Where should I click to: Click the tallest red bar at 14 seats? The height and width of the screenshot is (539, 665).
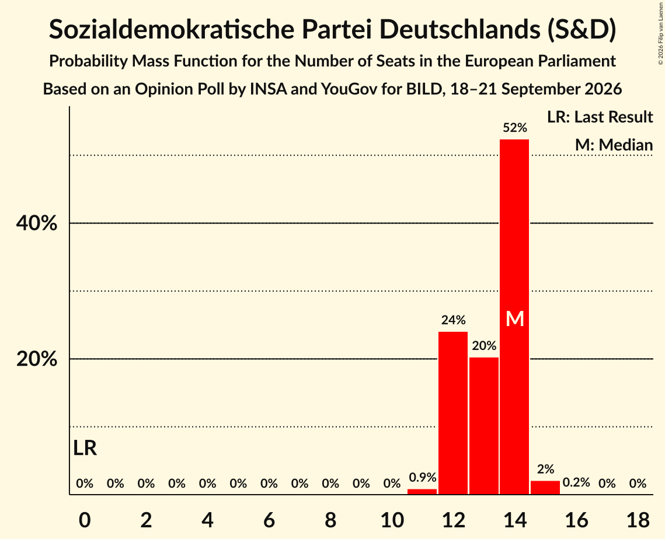(514, 317)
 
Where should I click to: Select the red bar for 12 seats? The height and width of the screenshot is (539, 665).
(453, 413)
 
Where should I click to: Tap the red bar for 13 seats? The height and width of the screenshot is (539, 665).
(484, 426)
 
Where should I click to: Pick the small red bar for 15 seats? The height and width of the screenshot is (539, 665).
(545, 488)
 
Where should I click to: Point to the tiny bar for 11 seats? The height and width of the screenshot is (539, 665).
(422, 492)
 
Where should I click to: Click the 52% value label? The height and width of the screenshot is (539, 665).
(515, 128)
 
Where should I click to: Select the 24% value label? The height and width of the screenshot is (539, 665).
(454, 320)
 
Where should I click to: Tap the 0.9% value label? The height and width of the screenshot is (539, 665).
(422, 478)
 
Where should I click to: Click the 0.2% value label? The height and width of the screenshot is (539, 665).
(576, 482)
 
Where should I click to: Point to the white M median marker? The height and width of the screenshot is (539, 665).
(515, 318)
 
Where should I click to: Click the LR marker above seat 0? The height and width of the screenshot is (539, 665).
(85, 448)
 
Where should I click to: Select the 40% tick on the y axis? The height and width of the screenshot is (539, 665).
(37, 223)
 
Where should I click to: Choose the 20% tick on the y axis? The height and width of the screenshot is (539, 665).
(37, 359)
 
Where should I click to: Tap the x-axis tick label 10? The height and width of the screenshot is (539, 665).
(392, 520)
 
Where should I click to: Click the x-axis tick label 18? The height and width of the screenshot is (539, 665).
(638, 520)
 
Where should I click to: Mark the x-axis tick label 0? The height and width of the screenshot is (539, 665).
(85, 520)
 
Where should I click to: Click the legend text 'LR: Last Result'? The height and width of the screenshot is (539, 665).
(600, 117)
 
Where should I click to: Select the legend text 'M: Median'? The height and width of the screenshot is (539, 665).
(614, 145)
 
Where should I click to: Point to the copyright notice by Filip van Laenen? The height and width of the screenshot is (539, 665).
(661, 33)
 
